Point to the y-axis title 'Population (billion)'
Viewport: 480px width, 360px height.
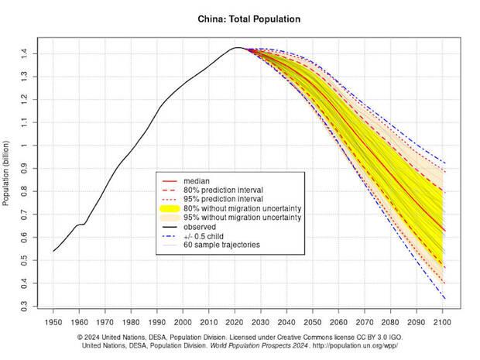click(x=7, y=177)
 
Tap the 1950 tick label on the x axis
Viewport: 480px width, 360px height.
click(x=53, y=321)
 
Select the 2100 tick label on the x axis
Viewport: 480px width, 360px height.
click(x=444, y=321)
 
